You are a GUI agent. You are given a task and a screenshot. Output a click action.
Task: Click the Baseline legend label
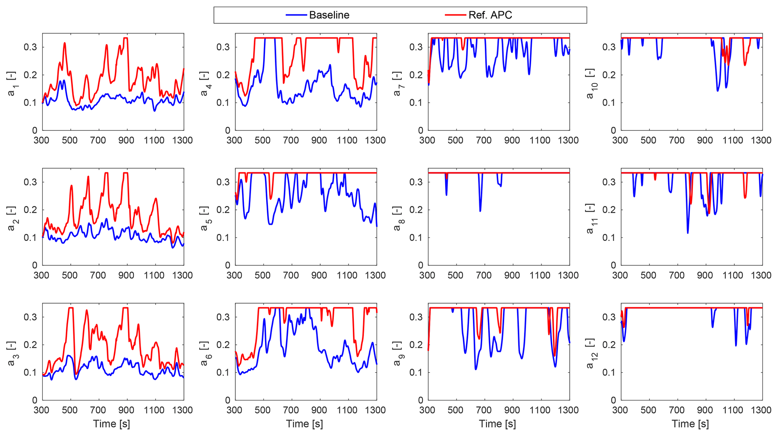coord(329,15)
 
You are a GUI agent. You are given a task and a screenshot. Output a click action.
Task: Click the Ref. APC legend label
coord(490,15)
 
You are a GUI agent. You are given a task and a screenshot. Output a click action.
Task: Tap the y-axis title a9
coord(398,352)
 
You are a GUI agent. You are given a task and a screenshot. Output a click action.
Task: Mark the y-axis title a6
coord(205,352)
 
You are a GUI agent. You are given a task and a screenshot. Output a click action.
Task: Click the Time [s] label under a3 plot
coord(112,424)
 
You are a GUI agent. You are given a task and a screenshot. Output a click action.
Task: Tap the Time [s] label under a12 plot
coord(690,424)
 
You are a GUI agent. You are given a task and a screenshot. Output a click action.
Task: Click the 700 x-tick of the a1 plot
coord(98,141)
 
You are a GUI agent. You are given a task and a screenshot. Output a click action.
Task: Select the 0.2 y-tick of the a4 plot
coord(223,75)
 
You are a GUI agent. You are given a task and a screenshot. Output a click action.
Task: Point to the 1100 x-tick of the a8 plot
coord(540,275)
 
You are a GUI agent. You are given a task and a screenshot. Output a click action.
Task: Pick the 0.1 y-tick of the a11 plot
coord(609,237)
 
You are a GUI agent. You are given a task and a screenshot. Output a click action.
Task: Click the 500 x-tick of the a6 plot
coord(262,410)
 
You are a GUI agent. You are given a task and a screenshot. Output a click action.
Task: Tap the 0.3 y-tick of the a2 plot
coord(30,182)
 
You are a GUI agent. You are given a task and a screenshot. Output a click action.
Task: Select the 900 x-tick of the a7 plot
coord(512,141)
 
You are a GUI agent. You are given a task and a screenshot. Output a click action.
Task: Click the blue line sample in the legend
coord(296,15)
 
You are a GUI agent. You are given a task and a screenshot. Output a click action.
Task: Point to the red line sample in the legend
coord(455,15)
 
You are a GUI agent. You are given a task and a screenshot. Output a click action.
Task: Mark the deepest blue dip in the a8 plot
coord(480,211)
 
